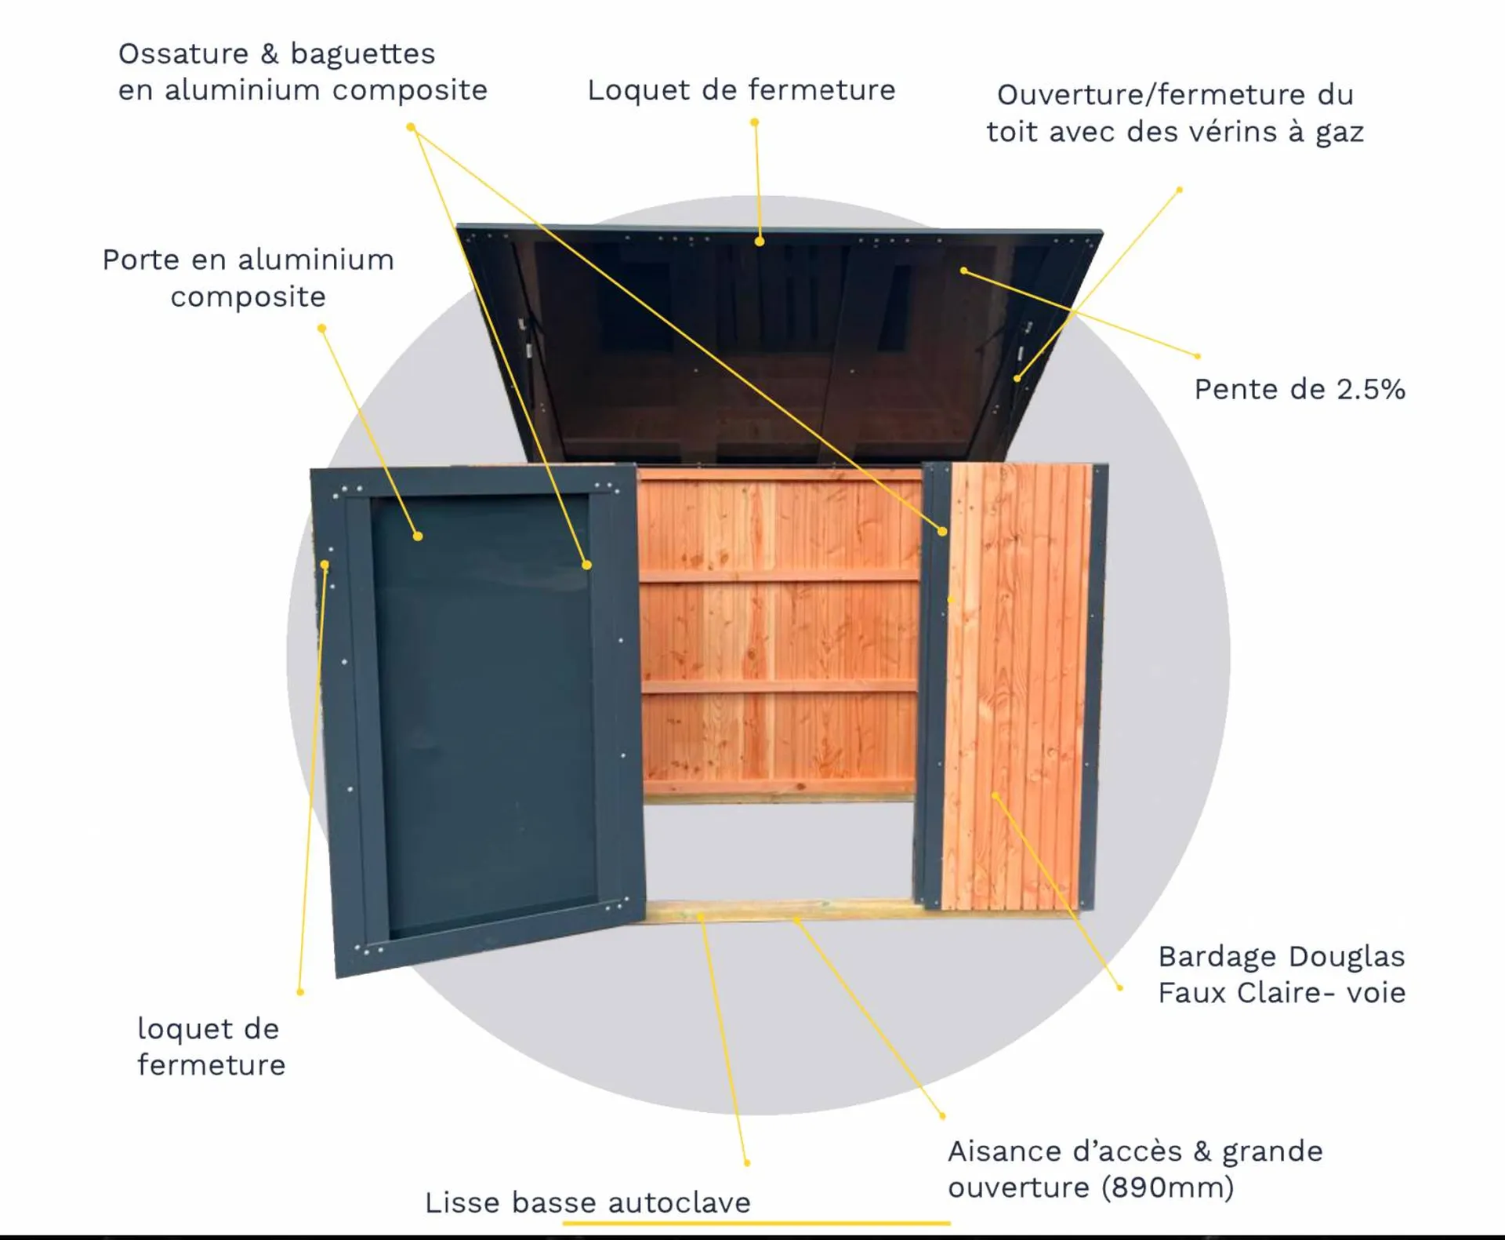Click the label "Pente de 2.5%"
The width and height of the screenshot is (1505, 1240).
1299,389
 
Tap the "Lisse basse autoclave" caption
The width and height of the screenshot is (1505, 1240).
587,1202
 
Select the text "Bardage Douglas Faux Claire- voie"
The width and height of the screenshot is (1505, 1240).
1281,974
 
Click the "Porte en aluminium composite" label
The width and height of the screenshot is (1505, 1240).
248,278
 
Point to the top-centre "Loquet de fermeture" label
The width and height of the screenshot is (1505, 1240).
741,89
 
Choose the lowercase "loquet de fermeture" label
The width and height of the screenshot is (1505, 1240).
211,1046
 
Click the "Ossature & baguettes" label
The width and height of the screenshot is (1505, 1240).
276,53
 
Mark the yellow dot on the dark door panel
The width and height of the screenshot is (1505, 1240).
418,536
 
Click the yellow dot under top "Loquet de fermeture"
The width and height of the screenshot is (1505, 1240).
759,242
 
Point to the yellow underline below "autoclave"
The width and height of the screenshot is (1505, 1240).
756,1222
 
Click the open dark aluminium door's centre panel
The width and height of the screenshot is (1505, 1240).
484,714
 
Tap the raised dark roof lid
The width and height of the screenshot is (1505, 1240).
780,345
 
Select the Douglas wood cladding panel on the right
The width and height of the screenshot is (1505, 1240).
1017,686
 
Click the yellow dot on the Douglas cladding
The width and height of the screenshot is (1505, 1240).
995,795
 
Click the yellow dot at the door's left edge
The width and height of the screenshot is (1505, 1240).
325,565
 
